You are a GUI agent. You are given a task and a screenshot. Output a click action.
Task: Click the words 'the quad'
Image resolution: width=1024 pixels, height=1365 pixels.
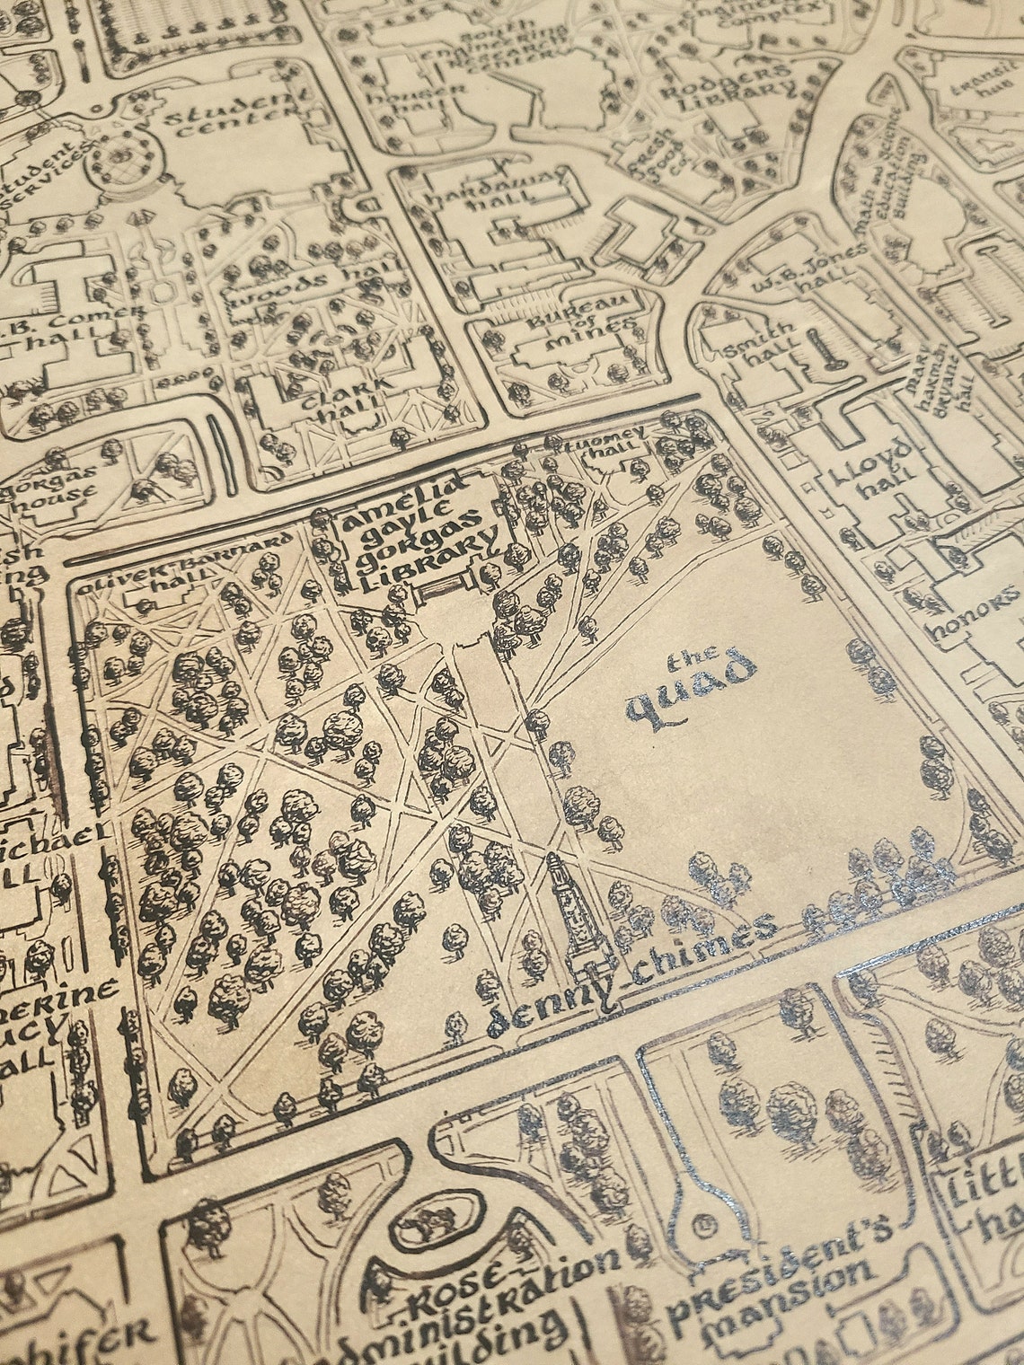click(691, 687)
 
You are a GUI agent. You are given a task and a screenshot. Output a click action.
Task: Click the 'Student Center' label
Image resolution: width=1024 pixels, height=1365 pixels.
click(238, 117)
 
